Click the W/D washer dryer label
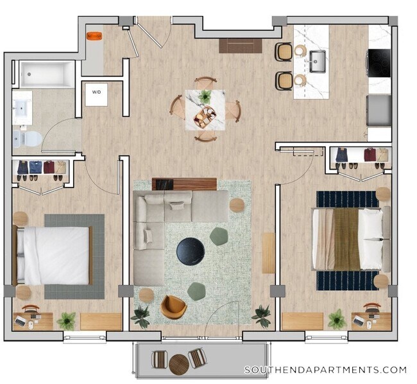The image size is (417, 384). click(96, 92)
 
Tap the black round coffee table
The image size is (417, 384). click(191, 250)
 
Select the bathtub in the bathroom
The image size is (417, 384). click(47, 74)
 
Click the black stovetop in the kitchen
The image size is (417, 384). click(379, 62)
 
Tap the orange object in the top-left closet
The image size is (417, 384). click(94, 34)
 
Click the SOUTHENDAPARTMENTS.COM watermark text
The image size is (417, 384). click(325, 370)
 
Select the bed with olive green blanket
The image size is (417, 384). click(350, 239)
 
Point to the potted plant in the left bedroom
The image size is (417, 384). click(66, 320)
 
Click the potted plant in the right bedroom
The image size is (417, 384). click(337, 319)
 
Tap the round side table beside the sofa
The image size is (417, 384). click(237, 205)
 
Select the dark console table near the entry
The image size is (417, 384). click(241, 46)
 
